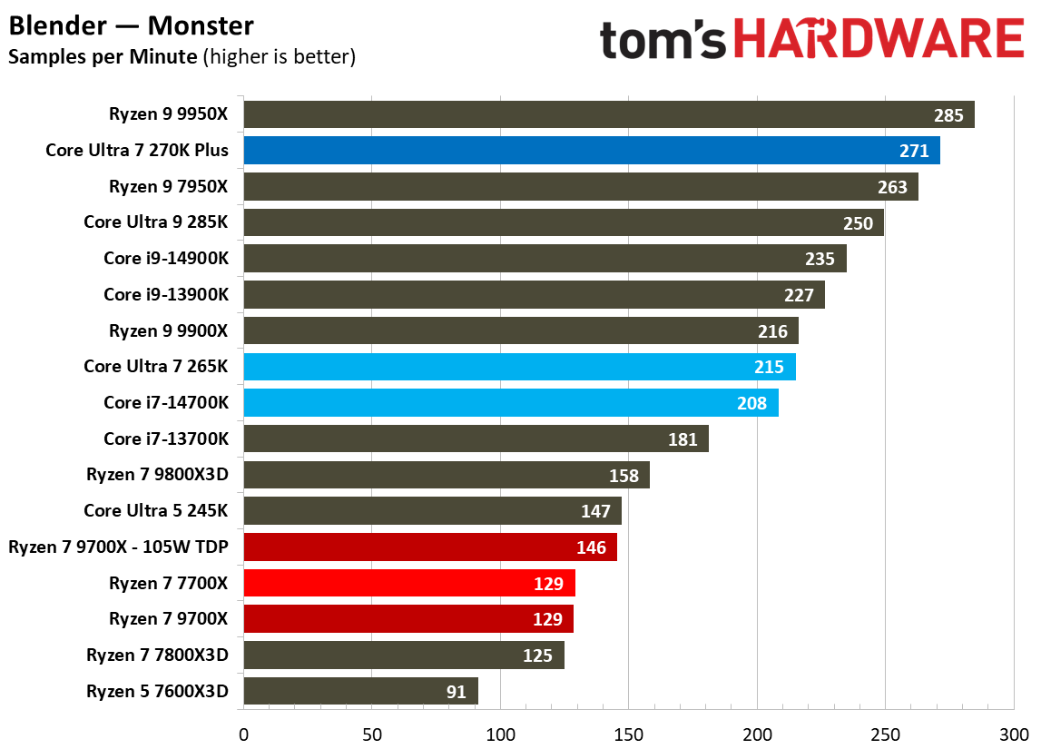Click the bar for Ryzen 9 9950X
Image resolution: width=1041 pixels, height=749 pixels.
tap(608, 114)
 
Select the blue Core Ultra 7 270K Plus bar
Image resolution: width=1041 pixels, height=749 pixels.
tap(591, 151)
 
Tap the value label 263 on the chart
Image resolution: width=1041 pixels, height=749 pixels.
tap(892, 187)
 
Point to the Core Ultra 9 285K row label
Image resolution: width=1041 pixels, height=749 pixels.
tap(156, 222)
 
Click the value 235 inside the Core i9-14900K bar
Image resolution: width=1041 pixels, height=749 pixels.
tap(820, 259)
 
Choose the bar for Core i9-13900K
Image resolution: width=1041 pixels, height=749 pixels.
tap(534, 294)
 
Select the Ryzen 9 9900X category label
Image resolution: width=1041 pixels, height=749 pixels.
tap(168, 330)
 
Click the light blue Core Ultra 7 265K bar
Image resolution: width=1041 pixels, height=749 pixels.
tap(519, 367)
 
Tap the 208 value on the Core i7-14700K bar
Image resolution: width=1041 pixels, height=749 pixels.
tap(751, 403)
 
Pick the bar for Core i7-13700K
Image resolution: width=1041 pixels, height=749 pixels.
tap(476, 439)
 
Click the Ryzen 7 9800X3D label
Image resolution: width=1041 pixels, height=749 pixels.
tap(157, 475)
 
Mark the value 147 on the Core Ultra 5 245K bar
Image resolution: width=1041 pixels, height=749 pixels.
tap(595, 511)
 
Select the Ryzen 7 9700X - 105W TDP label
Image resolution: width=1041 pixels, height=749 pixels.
tap(118, 547)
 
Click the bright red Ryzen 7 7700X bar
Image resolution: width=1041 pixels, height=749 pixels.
tap(408, 583)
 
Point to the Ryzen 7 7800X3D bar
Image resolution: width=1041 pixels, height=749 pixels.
tap(404, 655)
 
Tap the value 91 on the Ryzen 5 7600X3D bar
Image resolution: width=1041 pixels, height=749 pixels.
tap(456, 692)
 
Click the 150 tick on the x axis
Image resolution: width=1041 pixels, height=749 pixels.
tap(628, 732)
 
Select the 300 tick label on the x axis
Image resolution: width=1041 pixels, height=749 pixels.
tap(1013, 732)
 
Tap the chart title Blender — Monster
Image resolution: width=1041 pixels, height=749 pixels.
tap(132, 25)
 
